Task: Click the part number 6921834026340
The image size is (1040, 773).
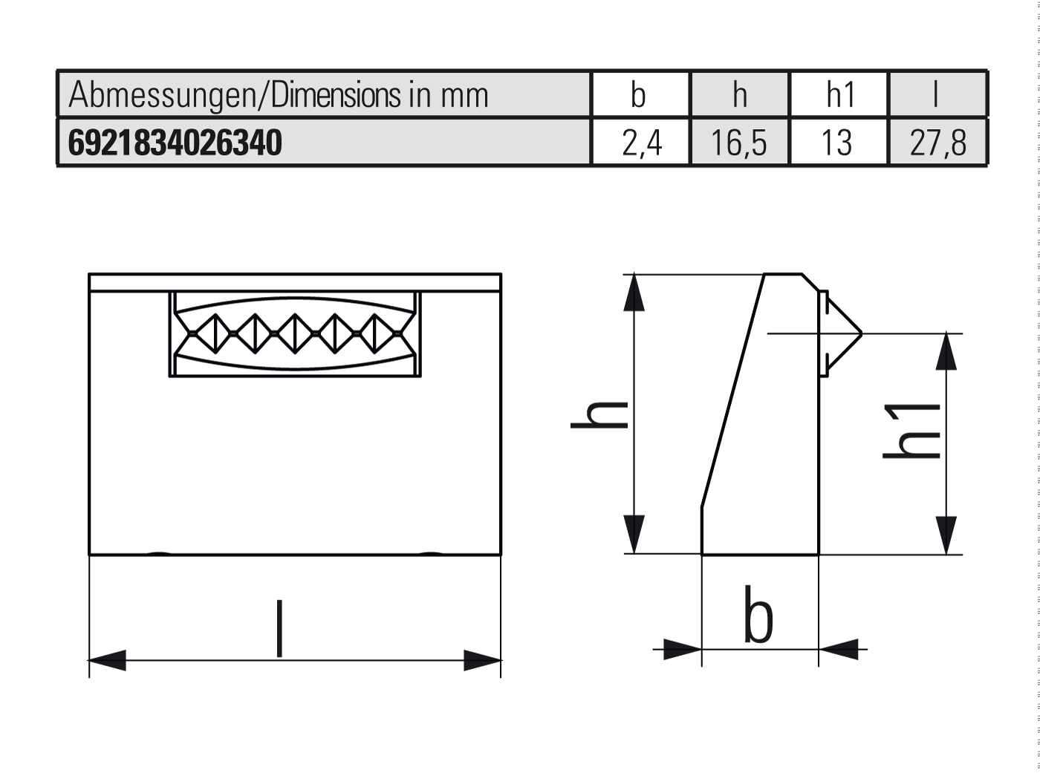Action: pyautogui.click(x=175, y=143)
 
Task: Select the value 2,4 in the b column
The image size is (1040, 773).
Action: pyautogui.click(x=641, y=143)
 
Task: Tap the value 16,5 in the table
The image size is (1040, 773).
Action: pyautogui.click(x=738, y=143)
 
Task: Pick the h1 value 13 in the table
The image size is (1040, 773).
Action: pyautogui.click(x=837, y=143)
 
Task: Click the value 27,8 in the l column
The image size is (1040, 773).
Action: pyautogui.click(x=937, y=143)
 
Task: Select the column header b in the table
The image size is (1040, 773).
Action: pyautogui.click(x=638, y=95)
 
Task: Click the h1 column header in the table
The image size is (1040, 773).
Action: pyautogui.click(x=840, y=95)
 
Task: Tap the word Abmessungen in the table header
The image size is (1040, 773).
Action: pyautogui.click(x=160, y=96)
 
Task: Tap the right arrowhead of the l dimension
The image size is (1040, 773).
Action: pyautogui.click(x=482, y=659)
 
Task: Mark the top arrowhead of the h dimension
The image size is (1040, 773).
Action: pyautogui.click(x=634, y=293)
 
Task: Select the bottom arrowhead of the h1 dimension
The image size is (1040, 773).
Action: pyautogui.click(x=946, y=535)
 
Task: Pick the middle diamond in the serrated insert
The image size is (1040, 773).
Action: pyautogui.click(x=295, y=333)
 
